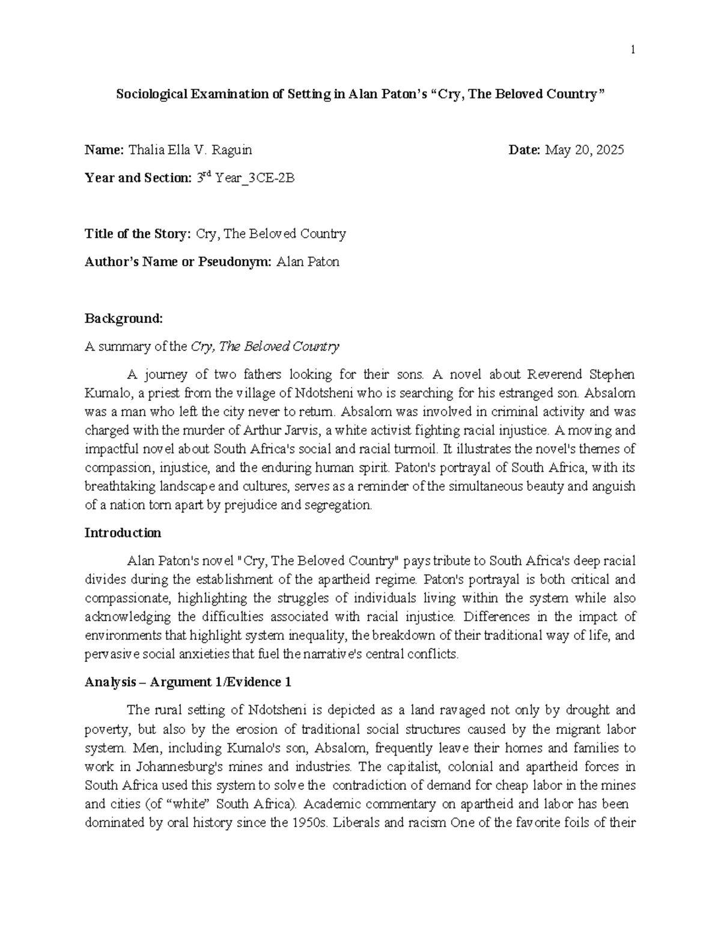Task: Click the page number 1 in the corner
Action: point(633,50)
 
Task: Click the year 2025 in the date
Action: point(609,150)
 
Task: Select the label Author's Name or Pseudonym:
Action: point(178,262)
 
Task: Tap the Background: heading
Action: point(124,318)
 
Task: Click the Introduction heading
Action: point(123,533)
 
